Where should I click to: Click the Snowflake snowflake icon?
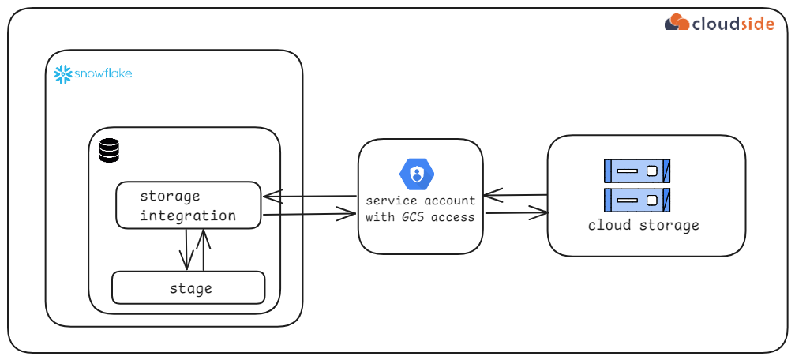coord(62,74)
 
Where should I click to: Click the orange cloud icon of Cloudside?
coord(677,22)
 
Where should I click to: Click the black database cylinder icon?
coord(109,150)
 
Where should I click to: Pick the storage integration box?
coord(188,205)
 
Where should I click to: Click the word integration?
coord(188,216)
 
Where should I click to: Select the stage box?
coord(188,288)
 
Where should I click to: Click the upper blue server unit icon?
coord(636,171)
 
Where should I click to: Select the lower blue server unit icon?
coord(636,200)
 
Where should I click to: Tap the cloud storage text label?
coord(643,226)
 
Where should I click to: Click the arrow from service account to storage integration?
coord(309,196)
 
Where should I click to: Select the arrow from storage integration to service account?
coord(309,213)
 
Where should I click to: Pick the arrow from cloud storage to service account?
coord(515,194)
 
